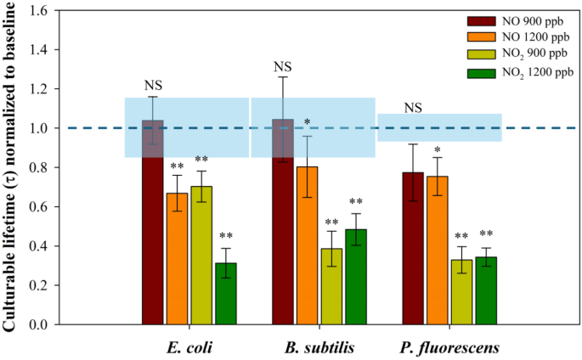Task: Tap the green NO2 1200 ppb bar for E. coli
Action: tap(226, 294)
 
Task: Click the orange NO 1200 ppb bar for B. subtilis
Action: tap(308, 245)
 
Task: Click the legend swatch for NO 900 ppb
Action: tap(481, 20)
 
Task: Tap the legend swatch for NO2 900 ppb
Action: tap(481, 55)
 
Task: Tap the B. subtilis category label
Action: tap(319, 346)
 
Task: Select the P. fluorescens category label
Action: tap(449, 346)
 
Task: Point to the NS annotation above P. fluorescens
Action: tap(413, 108)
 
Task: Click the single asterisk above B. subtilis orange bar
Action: tap(308, 122)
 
